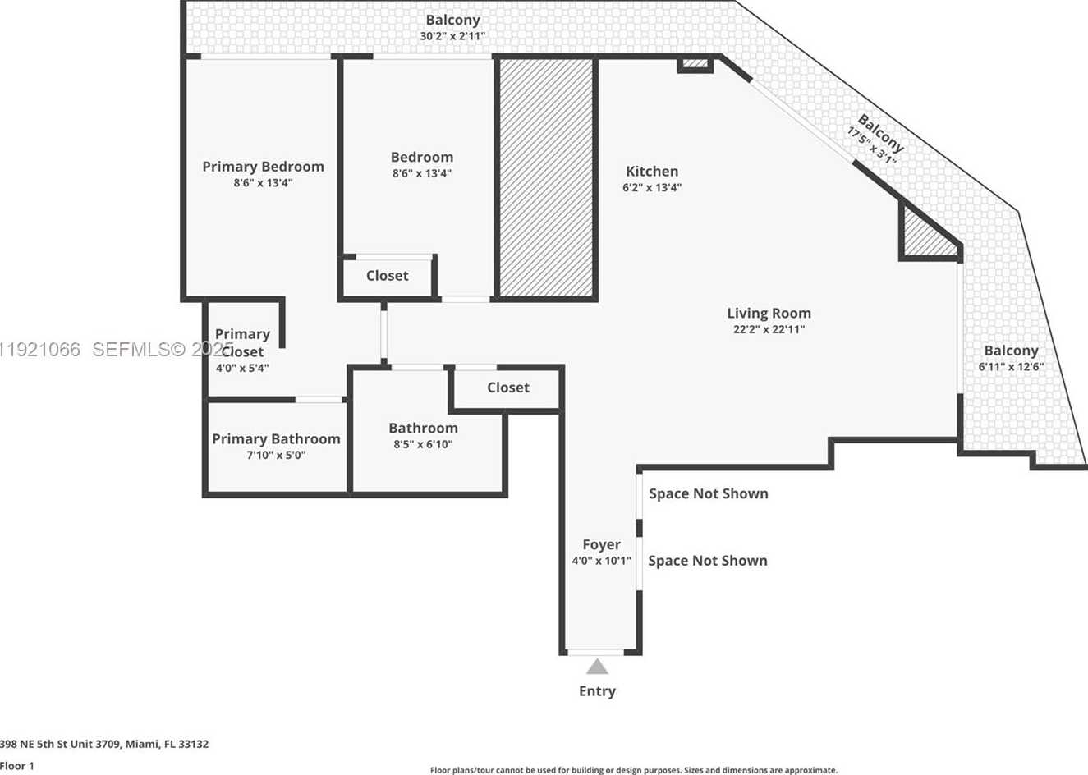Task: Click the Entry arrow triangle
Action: (597, 667)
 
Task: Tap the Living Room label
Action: (769, 313)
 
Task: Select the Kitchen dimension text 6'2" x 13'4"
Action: (652, 187)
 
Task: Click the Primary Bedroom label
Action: (263, 167)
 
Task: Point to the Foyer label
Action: (601, 544)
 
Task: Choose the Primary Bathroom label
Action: (276, 439)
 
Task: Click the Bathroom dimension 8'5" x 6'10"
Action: (423, 444)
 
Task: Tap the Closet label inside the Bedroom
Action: (387, 276)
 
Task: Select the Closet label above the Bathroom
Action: (507, 387)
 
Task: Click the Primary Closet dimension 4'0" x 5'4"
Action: (242, 368)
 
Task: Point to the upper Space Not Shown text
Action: (709, 493)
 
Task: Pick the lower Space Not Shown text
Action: (708, 561)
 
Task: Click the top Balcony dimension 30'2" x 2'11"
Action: (452, 36)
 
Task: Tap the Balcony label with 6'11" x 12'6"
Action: (1011, 351)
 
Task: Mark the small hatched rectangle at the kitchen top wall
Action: (695, 63)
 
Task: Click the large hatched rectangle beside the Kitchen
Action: (546, 177)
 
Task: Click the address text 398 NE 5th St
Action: (104, 744)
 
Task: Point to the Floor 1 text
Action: (17, 765)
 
